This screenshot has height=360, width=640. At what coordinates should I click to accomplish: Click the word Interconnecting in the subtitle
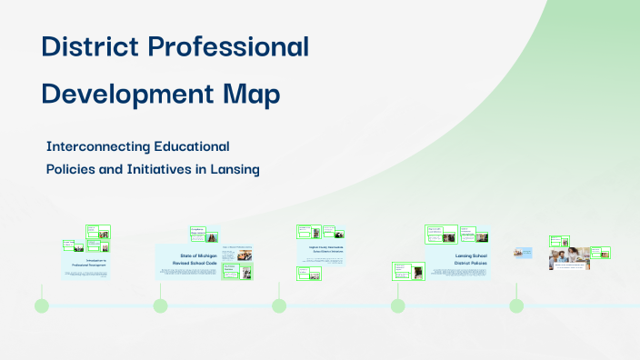(98, 145)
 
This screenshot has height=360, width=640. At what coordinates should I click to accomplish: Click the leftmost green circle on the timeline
(42, 305)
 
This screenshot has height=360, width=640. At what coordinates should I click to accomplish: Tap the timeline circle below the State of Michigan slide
(160, 305)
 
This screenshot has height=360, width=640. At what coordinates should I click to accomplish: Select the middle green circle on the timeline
(279, 305)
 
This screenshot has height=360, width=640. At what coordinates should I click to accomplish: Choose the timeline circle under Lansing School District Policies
(397, 305)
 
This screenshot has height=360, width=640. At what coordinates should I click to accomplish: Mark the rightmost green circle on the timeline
(516, 305)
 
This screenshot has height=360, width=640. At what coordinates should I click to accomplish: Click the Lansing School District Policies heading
(471, 260)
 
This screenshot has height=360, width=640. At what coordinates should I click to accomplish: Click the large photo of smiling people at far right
(566, 259)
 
